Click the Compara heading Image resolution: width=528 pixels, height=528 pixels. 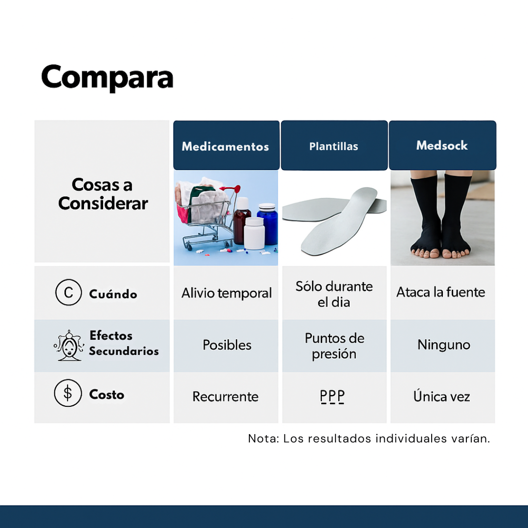(x=107, y=77)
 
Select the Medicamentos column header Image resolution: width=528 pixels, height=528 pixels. (x=225, y=146)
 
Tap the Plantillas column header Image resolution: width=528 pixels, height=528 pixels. (x=333, y=146)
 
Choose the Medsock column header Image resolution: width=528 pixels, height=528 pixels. (x=442, y=145)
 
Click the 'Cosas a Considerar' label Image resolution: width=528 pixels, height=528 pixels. (x=103, y=194)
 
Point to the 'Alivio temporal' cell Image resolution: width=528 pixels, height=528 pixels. (x=226, y=293)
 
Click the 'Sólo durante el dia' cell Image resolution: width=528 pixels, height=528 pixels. (x=334, y=294)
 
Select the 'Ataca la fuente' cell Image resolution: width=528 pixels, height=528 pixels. (x=441, y=292)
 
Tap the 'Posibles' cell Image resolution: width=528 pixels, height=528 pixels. (x=227, y=345)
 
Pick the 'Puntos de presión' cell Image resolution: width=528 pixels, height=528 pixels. (x=334, y=346)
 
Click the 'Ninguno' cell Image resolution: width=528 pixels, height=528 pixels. (x=443, y=345)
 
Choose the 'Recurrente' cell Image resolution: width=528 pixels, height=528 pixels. (x=225, y=396)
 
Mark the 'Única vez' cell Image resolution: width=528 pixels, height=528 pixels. (x=441, y=396)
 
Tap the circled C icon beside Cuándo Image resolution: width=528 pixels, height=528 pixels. (x=68, y=292)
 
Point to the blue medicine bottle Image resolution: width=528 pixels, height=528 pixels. (x=267, y=223)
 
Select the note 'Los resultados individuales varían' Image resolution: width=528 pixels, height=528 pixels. (x=369, y=439)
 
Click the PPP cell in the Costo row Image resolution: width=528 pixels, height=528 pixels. (x=332, y=396)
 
